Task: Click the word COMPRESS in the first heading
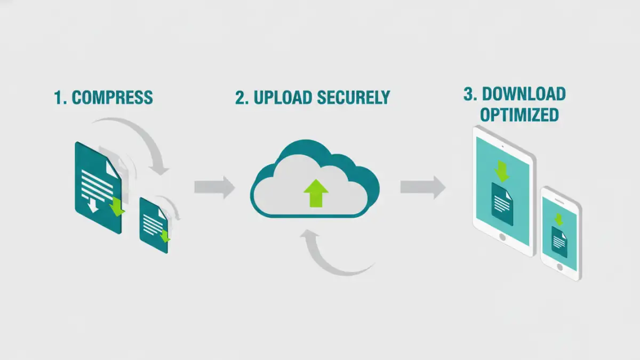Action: tap(112, 98)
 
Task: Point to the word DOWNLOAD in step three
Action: tap(524, 94)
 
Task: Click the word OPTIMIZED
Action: tap(519, 115)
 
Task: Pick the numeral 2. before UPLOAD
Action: tap(242, 98)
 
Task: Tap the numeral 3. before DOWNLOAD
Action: tap(470, 94)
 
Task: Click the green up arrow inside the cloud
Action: tap(316, 193)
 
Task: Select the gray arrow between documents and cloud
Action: tap(214, 187)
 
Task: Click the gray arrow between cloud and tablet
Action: tap(422, 187)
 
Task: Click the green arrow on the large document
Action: tap(117, 207)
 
